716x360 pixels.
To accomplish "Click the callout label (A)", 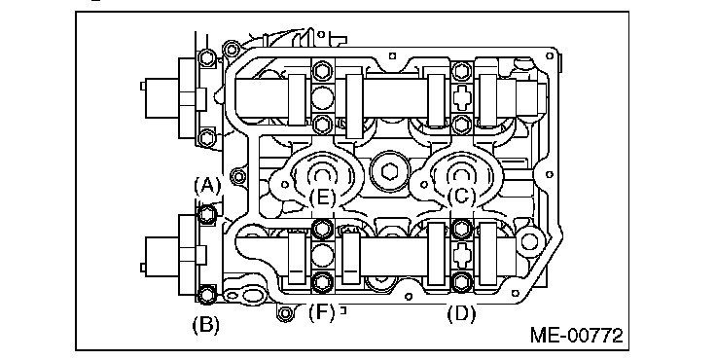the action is pyautogui.click(x=207, y=186).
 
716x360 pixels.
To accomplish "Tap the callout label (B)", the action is pyautogui.click(x=205, y=325).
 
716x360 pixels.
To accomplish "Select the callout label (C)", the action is pyautogui.click(x=461, y=196).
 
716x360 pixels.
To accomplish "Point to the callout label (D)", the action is pyautogui.click(x=461, y=314).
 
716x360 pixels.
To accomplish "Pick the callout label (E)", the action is pyautogui.click(x=322, y=198).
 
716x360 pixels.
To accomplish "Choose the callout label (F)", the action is pyautogui.click(x=322, y=313).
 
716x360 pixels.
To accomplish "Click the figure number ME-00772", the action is pyautogui.click(x=576, y=336).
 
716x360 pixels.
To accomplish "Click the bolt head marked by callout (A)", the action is pyautogui.click(x=207, y=214).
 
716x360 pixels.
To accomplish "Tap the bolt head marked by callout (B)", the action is pyautogui.click(x=207, y=294).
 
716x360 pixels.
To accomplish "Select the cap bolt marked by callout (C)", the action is pyautogui.click(x=461, y=229).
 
